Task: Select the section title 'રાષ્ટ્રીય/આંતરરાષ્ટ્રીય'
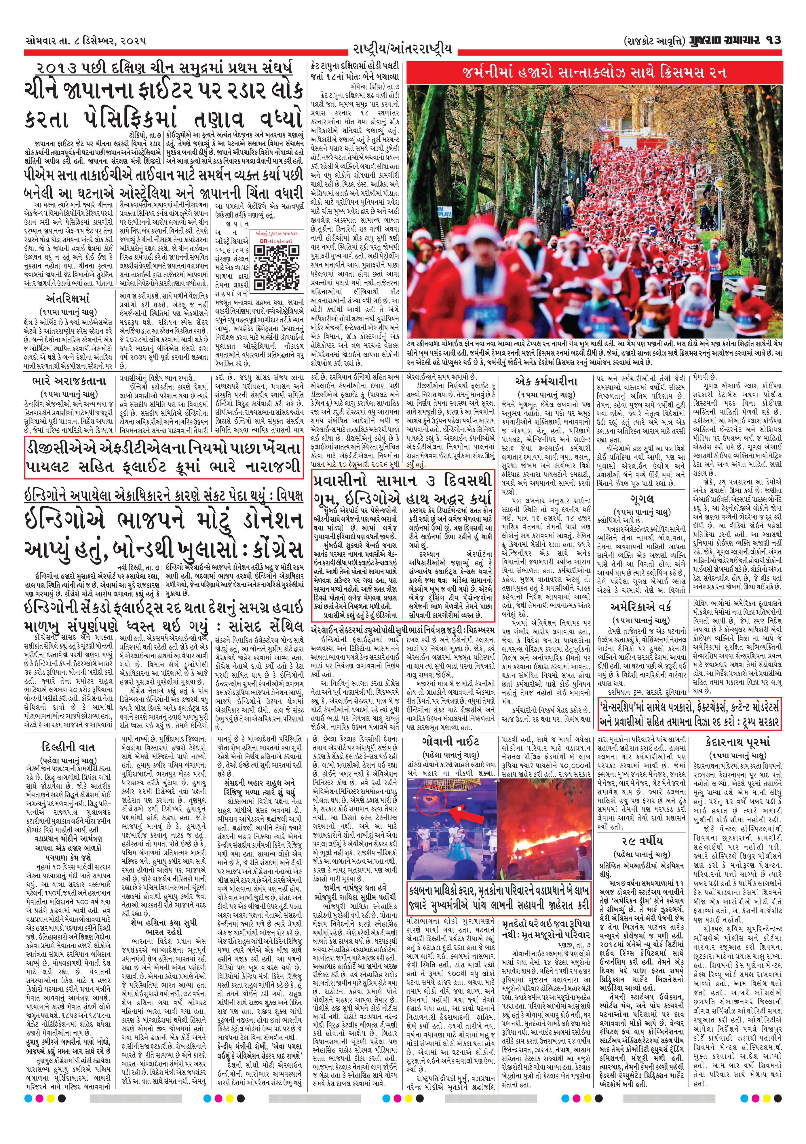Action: click(x=402, y=49)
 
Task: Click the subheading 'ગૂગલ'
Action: click(x=642, y=499)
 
